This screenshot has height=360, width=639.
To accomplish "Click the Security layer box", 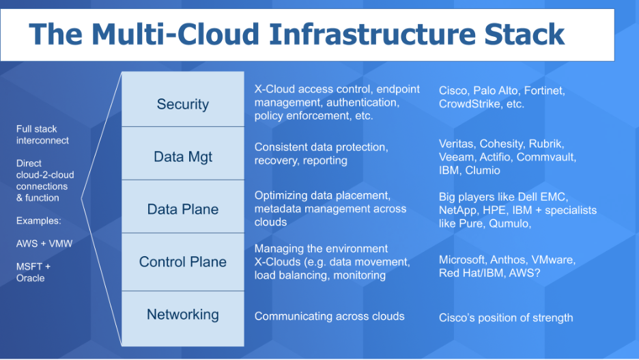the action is pos(183,99).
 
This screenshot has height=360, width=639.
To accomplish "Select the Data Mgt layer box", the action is pos(183,153).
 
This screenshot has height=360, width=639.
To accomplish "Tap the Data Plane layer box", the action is pos(183,206).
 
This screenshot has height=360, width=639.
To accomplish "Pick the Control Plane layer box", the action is pos(183,262).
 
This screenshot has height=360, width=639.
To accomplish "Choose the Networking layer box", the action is pos(183,318).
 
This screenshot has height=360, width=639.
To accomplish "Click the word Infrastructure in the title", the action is pos(372,34).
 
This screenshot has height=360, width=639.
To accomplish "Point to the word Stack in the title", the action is pos(524,34).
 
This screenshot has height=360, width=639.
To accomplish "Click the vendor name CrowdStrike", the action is pos(470,104).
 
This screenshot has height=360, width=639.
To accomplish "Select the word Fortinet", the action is pos(545,90).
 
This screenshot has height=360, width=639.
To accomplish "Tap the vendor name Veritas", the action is pos(457,144).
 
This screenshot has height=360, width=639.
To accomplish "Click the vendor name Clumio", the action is pos(483,170).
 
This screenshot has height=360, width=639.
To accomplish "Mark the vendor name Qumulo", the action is pos(510,224).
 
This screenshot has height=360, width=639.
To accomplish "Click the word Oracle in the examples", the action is pos(31,278).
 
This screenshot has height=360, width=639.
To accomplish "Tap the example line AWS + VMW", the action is pos(44,244).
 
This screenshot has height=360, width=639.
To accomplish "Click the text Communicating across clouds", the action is pos(329,316).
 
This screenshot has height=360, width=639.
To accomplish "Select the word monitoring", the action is pos(359,275).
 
